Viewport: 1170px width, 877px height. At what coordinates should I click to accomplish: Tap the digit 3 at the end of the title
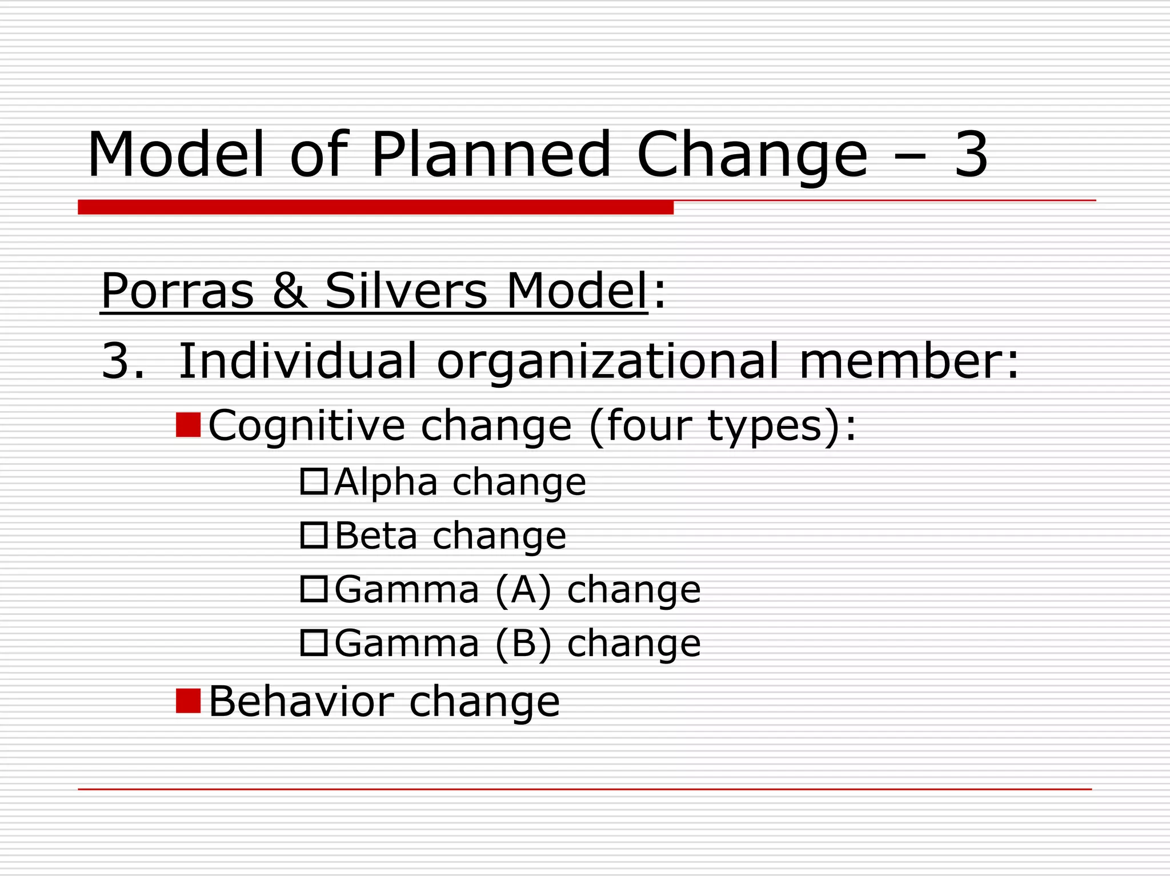click(x=971, y=154)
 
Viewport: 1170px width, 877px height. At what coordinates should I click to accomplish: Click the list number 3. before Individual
click(x=122, y=361)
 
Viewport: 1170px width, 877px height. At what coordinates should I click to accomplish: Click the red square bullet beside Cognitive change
click(x=188, y=425)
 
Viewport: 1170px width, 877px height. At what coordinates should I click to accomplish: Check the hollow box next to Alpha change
click(x=314, y=481)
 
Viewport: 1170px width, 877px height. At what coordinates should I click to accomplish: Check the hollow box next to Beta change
click(x=314, y=535)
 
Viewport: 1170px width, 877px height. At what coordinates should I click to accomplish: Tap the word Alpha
click(x=386, y=482)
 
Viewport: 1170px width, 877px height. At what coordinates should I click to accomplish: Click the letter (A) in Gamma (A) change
click(x=523, y=590)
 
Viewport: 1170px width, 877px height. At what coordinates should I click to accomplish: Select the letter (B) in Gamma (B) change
click(x=523, y=643)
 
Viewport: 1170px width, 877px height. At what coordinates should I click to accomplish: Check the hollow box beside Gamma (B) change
click(x=314, y=643)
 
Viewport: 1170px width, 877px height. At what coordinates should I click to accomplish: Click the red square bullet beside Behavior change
click(x=188, y=701)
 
